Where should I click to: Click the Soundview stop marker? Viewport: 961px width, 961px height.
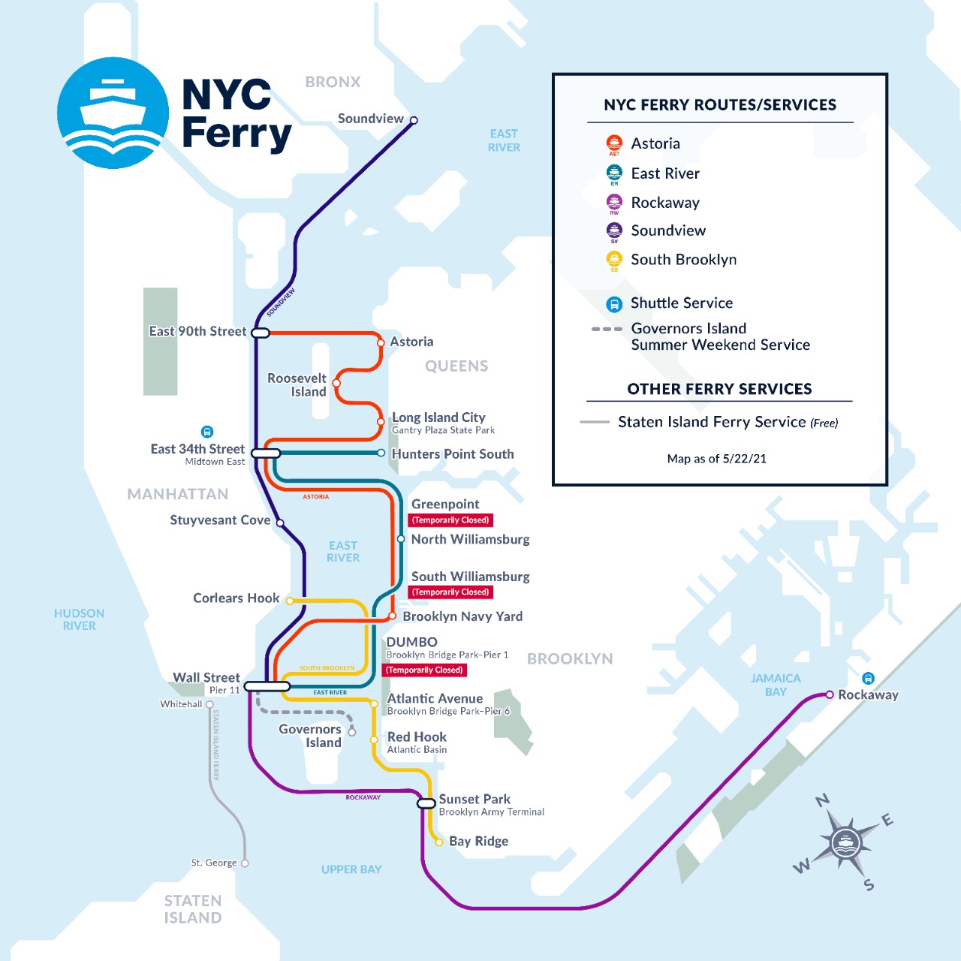click(x=414, y=120)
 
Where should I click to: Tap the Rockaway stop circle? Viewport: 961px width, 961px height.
click(x=830, y=694)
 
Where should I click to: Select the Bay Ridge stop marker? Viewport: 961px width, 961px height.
click(x=439, y=842)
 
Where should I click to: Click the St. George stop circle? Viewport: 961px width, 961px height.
click(x=245, y=863)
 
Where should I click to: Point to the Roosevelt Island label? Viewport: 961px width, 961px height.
click(x=297, y=385)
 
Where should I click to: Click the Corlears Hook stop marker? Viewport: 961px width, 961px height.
click(x=290, y=601)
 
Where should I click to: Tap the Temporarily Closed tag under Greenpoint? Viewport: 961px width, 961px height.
click(x=450, y=520)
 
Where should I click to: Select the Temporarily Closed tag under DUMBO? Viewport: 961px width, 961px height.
click(x=425, y=670)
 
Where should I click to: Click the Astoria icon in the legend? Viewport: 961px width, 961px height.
click(x=614, y=143)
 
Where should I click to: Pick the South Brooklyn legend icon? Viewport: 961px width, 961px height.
click(x=614, y=260)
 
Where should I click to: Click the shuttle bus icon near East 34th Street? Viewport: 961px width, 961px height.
click(x=207, y=432)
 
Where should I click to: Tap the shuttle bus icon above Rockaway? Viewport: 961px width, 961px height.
click(x=868, y=678)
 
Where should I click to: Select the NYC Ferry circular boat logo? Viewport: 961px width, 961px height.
click(x=113, y=113)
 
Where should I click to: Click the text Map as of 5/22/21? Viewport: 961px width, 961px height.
click(x=716, y=459)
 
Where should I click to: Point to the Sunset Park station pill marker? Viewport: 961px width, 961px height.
click(x=426, y=803)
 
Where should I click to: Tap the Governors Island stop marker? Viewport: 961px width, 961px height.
click(x=352, y=731)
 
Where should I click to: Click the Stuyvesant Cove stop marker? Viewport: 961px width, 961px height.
click(x=280, y=523)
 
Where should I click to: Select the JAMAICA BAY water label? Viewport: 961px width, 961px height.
click(x=776, y=685)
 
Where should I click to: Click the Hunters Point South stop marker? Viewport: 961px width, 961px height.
click(x=381, y=453)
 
